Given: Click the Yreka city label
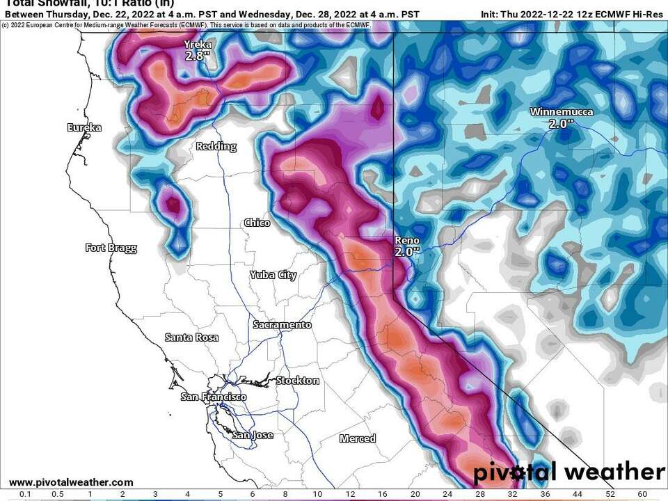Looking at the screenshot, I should (196, 45).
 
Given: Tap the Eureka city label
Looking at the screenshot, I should (84, 127).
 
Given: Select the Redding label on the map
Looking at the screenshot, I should (216, 146).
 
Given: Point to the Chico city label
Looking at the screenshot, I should (257, 223).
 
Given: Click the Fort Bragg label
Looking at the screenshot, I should (111, 248).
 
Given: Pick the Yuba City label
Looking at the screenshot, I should (273, 275).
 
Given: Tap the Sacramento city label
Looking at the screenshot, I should (282, 325).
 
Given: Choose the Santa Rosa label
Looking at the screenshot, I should (191, 337).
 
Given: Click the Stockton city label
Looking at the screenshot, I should (298, 381).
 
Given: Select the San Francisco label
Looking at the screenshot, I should (213, 397).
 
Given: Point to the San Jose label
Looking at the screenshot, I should (253, 435).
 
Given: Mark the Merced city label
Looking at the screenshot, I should (358, 438).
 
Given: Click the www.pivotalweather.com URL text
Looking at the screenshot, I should (71, 482).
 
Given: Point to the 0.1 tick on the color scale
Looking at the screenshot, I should (25, 494).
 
